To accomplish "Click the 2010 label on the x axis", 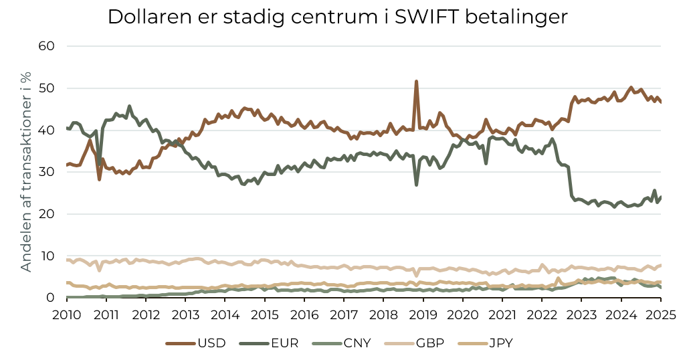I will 67,314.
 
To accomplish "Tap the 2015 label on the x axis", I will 265,314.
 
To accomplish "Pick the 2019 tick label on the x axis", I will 423,314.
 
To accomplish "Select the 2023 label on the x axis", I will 582,314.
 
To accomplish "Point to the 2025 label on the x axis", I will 661,314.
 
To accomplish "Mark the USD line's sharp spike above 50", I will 416,82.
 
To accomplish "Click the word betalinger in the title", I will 522,17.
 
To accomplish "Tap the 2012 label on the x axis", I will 146,314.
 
